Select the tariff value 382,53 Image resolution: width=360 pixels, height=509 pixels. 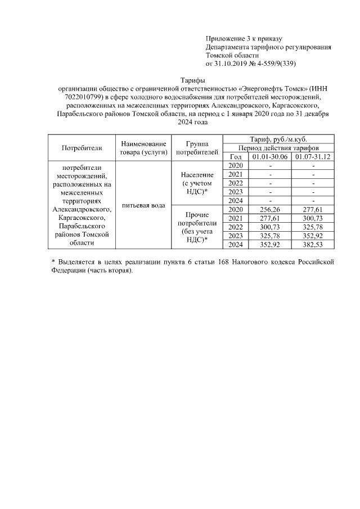[313, 245]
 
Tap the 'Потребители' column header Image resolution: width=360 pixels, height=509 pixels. [81, 148]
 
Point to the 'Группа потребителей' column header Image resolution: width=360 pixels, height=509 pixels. [196, 148]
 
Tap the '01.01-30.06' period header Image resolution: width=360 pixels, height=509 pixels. [271, 156]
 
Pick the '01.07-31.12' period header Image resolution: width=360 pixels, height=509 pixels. [313, 156]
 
